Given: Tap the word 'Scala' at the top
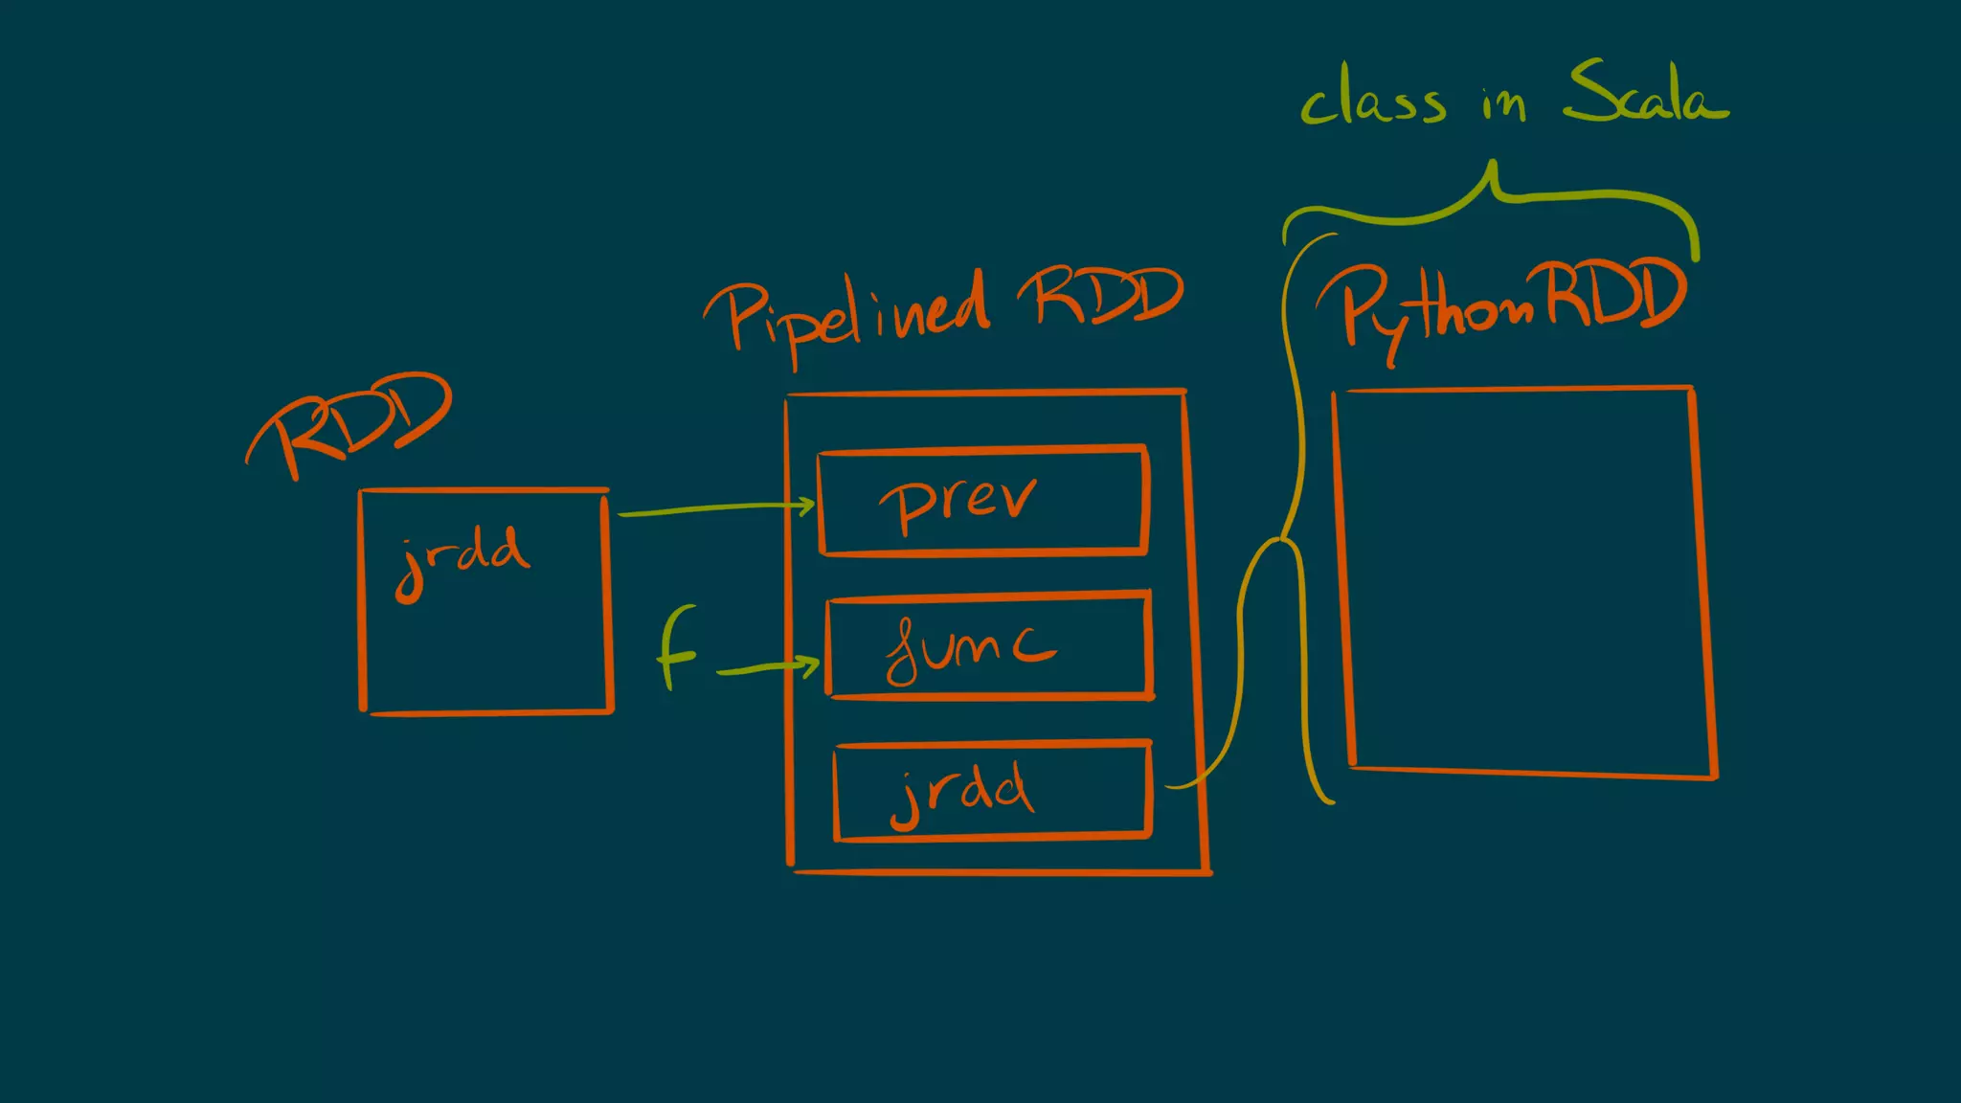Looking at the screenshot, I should pos(1646,93).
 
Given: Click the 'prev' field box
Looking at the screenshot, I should pos(982,500).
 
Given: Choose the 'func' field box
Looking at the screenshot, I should pos(988,646).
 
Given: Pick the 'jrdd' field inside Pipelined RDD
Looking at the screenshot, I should pos(991,790).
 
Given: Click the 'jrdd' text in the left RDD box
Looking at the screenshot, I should pos(462,560).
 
